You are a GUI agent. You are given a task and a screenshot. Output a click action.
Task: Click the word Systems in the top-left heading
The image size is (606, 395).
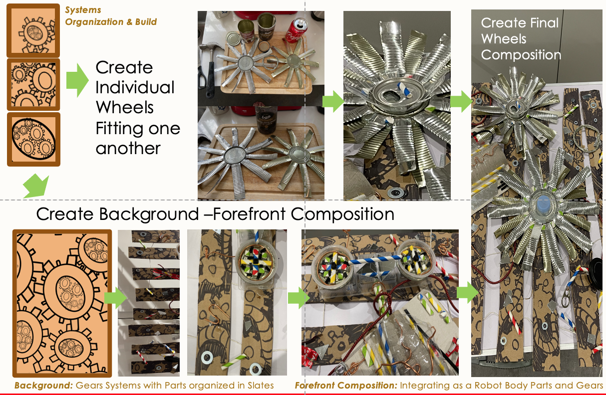83,10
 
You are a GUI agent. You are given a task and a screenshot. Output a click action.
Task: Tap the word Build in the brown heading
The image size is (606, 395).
146,22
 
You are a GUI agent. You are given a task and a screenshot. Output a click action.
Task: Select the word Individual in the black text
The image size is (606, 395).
135,87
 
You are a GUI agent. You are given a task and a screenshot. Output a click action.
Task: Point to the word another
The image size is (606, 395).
128,149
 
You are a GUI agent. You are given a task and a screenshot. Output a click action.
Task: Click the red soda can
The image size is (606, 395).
296,30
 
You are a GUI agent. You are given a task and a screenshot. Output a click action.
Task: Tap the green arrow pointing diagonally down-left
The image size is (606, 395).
36,187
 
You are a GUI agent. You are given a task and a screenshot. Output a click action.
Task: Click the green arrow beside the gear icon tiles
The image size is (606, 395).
77,80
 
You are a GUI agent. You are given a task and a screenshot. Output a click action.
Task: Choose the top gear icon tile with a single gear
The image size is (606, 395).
33,30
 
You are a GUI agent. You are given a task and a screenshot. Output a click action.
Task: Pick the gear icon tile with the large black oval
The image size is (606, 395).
33,139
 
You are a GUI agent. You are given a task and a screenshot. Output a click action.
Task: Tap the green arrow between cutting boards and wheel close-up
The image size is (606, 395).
333,101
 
